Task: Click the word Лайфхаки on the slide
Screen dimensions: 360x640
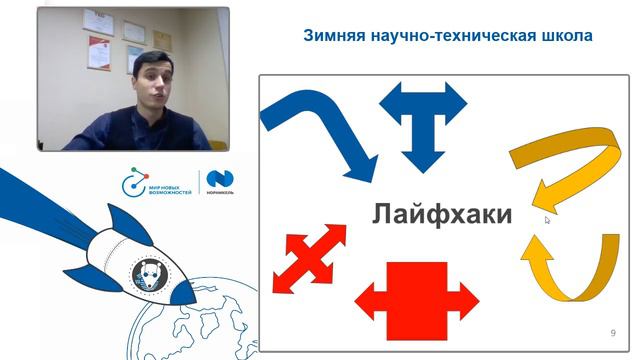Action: [x=442, y=214]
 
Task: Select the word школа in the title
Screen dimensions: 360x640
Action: [x=565, y=36]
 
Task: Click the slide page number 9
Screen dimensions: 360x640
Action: [x=612, y=332]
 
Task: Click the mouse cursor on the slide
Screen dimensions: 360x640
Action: [x=548, y=219]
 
